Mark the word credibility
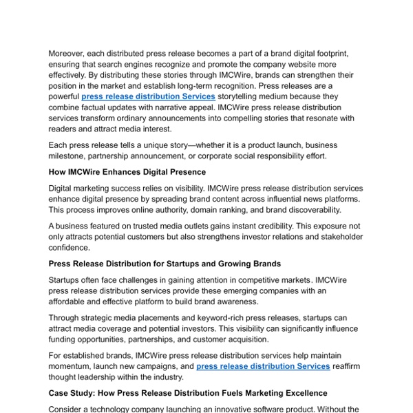click(262, 225)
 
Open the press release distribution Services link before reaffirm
click(263, 366)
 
